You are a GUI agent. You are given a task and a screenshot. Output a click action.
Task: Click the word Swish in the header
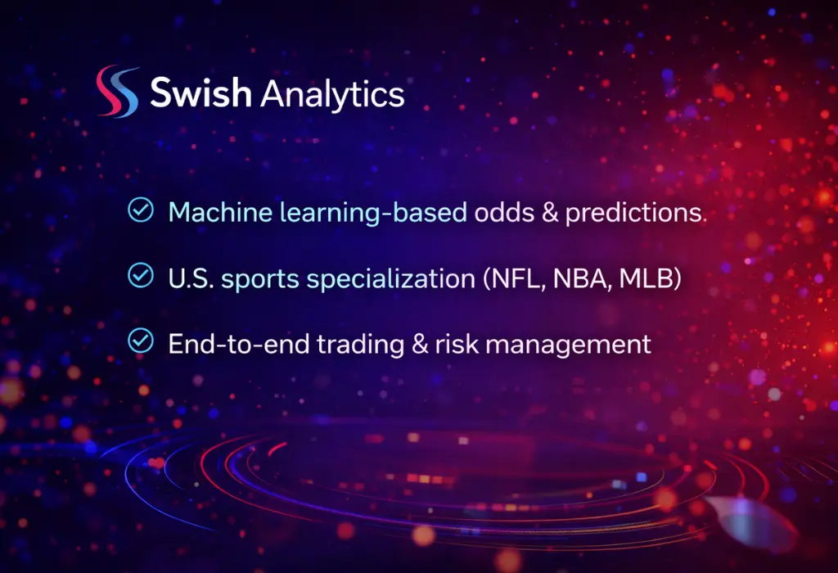(x=200, y=93)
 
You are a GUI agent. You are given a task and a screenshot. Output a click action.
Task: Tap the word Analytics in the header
(x=331, y=95)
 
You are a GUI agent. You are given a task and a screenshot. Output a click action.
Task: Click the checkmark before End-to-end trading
(x=141, y=341)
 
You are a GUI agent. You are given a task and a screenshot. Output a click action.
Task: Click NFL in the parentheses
(x=509, y=277)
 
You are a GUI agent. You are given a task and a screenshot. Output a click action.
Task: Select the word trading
(x=344, y=345)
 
